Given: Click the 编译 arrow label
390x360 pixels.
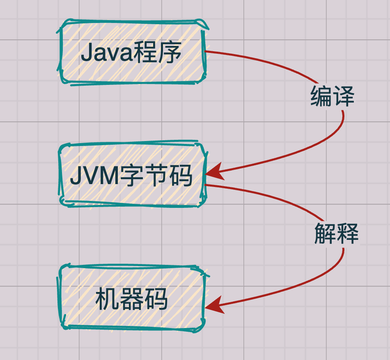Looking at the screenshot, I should point(332,97).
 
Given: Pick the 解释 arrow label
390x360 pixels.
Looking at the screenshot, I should point(336,234).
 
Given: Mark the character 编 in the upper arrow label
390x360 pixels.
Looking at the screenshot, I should point(321,97).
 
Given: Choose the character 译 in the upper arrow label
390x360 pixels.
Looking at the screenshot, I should point(343,97).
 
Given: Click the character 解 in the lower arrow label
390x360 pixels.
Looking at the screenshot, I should point(325,234).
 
